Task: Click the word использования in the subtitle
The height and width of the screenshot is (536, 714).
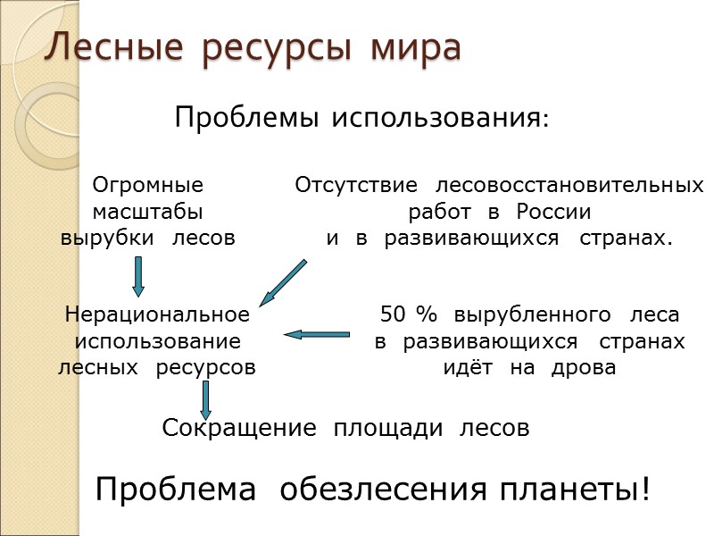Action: click(x=437, y=117)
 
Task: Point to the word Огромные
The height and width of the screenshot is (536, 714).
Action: click(x=148, y=186)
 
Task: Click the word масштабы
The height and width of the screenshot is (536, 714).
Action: click(x=148, y=213)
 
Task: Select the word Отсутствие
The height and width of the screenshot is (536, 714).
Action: click(x=356, y=186)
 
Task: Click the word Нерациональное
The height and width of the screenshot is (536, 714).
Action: click(x=157, y=314)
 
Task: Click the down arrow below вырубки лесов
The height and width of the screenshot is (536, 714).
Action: click(x=138, y=276)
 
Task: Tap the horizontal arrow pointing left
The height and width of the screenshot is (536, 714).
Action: click(x=317, y=335)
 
